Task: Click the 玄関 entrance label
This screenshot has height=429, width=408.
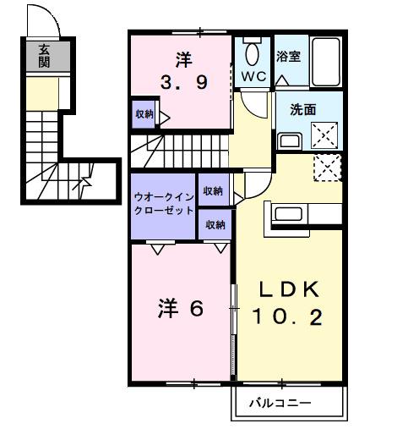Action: coord(43,57)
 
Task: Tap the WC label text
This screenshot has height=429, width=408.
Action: coord(253,76)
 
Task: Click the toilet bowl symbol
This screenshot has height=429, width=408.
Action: coord(252,53)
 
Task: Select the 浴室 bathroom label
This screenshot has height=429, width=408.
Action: coord(289,57)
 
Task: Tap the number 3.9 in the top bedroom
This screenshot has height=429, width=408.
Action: coord(184,83)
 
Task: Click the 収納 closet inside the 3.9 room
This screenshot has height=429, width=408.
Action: coord(144,114)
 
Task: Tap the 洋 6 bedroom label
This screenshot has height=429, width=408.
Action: coord(180,310)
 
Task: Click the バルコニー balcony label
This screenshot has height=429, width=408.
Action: coord(280,404)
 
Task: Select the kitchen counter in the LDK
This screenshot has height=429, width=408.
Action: coord(305,215)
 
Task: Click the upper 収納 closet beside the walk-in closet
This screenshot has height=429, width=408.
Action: coord(212,190)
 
